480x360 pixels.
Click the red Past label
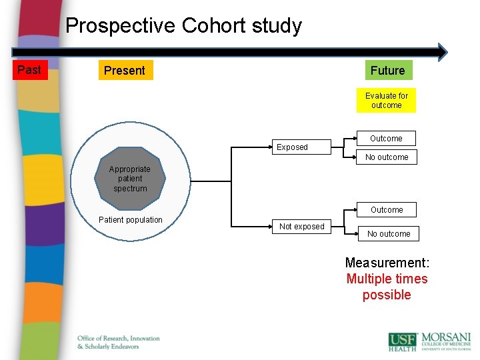[x=29, y=70]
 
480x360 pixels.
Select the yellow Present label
[x=125, y=71]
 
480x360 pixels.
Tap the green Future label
[x=387, y=70]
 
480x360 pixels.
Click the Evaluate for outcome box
[x=387, y=101]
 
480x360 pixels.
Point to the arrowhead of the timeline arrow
[x=442, y=52]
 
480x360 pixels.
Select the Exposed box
[x=293, y=147]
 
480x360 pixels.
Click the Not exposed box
[x=301, y=227]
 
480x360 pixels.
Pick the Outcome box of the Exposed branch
[x=387, y=139]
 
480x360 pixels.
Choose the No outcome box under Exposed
[x=387, y=157]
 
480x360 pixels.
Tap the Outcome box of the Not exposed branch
[x=387, y=210]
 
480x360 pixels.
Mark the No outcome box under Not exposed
[x=389, y=234]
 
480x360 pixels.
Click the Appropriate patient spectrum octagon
[x=130, y=179]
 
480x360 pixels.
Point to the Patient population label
[x=130, y=220]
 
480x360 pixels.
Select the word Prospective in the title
[x=121, y=26]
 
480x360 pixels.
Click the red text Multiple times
[x=387, y=279]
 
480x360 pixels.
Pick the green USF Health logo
[x=403, y=341]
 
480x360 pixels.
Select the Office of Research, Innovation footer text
[x=119, y=338]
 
